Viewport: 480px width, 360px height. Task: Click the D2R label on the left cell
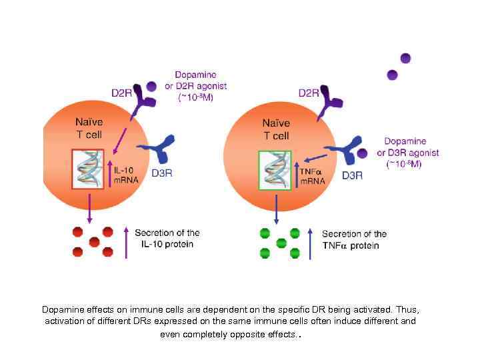[x=121, y=93]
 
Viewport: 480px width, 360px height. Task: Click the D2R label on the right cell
[x=309, y=93]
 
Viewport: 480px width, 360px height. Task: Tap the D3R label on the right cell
[x=352, y=176]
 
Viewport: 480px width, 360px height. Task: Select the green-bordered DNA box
[x=275, y=170]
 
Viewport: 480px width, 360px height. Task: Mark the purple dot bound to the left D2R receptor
[x=152, y=86]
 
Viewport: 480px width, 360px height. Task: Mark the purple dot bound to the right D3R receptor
[x=361, y=153]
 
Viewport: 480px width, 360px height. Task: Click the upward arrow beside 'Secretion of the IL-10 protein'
[x=125, y=241]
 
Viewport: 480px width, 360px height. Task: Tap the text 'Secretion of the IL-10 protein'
[x=167, y=238]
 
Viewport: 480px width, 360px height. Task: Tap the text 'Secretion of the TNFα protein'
[x=354, y=239]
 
